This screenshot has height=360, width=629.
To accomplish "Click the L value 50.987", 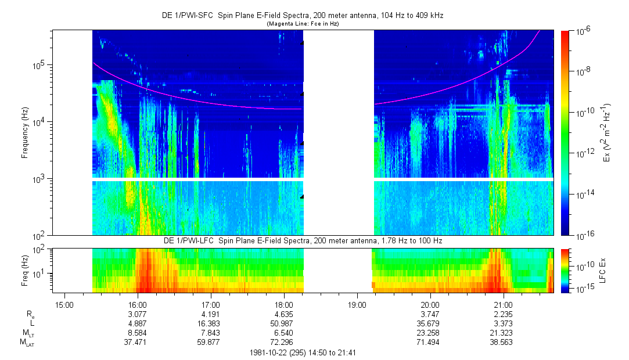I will click(283, 323).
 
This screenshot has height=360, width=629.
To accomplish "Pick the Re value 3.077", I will click(137, 314).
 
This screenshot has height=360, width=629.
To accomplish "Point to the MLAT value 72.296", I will click(283, 343).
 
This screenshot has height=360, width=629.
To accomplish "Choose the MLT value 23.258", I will click(430, 333).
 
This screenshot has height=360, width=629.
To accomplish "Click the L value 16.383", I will click(210, 323).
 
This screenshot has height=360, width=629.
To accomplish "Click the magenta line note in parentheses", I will click(302, 24).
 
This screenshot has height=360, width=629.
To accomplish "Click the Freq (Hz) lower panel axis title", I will click(25, 270).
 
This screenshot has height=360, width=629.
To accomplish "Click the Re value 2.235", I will click(503, 314).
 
